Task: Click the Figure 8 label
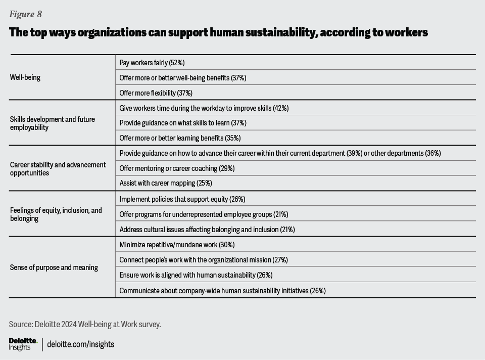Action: [25, 14]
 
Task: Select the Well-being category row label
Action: [25, 78]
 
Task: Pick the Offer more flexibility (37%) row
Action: [156, 93]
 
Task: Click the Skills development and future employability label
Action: [53, 123]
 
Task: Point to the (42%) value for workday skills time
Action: [280, 108]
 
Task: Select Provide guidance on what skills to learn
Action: [183, 123]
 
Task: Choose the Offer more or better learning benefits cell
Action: [180, 138]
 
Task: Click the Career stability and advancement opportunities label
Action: [58, 169]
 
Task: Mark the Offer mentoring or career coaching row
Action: [177, 168]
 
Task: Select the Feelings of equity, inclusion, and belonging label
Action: [56, 214]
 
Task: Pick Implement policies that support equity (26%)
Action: [182, 199]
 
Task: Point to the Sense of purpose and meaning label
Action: [54, 267]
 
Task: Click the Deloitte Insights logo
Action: [23, 344]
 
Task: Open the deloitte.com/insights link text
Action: [81, 344]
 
